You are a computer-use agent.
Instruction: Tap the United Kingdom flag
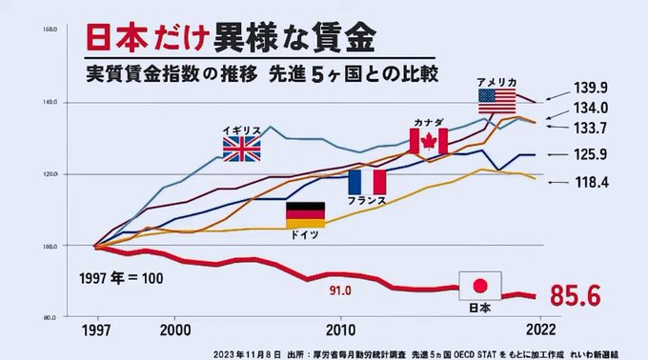click(241, 148)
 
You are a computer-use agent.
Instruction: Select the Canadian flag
click(429, 141)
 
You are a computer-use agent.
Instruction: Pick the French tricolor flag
click(367, 181)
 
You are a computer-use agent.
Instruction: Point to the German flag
click(306, 215)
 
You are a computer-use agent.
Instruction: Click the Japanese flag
click(480, 285)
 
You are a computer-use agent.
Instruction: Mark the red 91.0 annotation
click(341, 290)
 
